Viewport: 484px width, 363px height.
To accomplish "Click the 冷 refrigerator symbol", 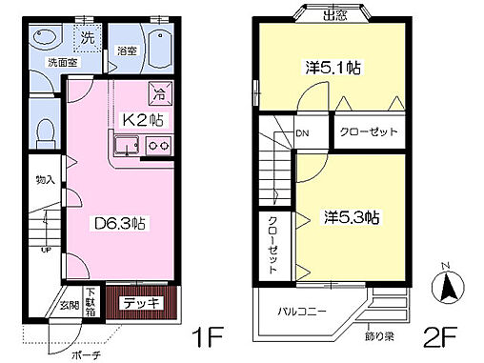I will pyautogui.click(x=159, y=93).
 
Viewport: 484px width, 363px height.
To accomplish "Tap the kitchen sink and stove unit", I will pyautogui.click(x=142, y=146).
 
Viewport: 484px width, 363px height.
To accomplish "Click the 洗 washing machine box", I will pyautogui.click(x=87, y=39).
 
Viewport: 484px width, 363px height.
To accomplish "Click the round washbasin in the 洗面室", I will pyautogui.click(x=43, y=37).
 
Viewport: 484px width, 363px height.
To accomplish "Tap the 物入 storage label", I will pyautogui.click(x=44, y=179).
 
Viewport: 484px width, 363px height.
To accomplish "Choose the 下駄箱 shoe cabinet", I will pyautogui.click(x=91, y=303).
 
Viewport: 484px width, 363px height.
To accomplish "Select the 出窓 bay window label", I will pyautogui.click(x=334, y=12).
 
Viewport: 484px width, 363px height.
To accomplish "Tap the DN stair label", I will pyautogui.click(x=303, y=133).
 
